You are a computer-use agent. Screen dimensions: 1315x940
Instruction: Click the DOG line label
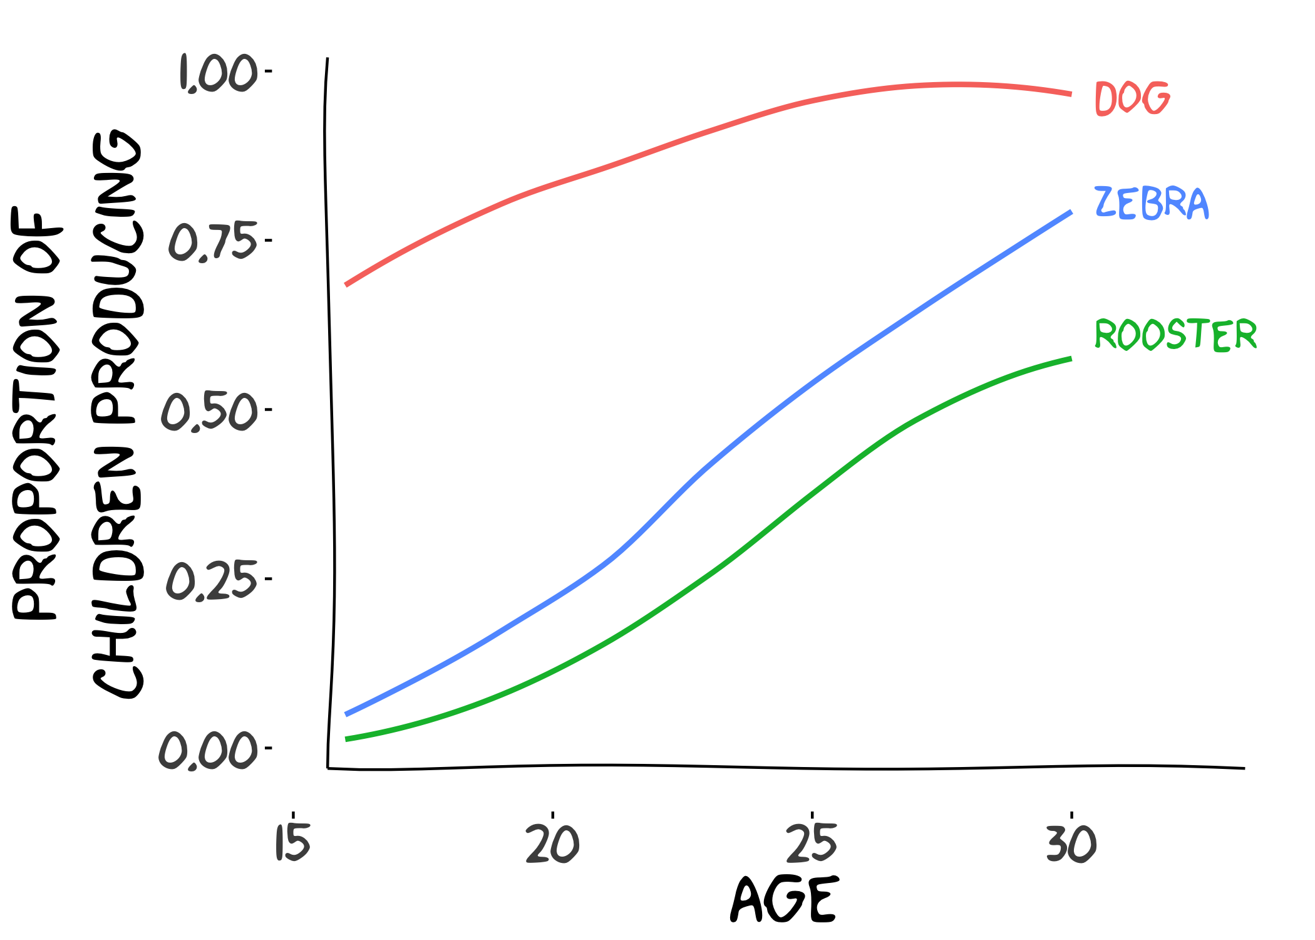click(x=1132, y=98)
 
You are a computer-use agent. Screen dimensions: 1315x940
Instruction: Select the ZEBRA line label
click(x=1152, y=203)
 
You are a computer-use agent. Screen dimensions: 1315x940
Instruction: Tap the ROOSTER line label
click(x=1175, y=334)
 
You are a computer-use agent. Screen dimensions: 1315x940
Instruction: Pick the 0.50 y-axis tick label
click(x=209, y=412)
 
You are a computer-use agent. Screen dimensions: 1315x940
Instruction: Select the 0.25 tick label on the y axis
click(x=212, y=580)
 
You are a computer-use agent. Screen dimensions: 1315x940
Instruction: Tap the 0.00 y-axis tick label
click(x=208, y=749)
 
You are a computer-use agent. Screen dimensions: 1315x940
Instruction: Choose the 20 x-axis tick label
click(x=553, y=843)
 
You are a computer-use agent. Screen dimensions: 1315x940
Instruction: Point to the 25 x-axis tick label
click(x=812, y=843)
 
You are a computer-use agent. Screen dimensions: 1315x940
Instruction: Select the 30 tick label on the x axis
click(x=1071, y=843)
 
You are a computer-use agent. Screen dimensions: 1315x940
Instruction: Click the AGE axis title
click(x=783, y=899)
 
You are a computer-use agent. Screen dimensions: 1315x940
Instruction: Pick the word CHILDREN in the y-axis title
click(x=118, y=572)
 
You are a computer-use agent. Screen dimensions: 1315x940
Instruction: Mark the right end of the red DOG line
click(x=1071, y=95)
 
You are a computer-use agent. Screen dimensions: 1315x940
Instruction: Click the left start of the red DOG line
click(x=346, y=285)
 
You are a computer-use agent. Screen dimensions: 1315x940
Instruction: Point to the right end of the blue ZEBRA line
click(x=1071, y=212)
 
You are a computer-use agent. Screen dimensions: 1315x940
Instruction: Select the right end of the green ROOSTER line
click(x=1071, y=358)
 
